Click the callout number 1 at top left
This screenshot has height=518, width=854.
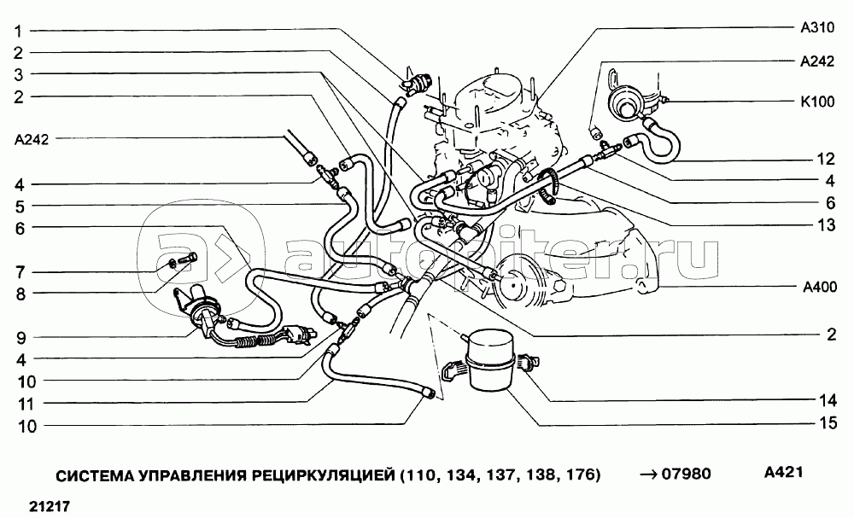[x=16, y=31]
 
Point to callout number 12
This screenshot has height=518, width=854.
[x=824, y=160]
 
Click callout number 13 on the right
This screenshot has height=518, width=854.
[x=824, y=225]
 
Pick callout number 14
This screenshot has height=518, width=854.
[x=824, y=399]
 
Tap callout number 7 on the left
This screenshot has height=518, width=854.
[x=16, y=272]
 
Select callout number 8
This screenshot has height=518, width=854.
[x=16, y=294]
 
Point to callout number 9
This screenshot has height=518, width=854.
[x=16, y=337]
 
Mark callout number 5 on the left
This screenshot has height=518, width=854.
[x=16, y=206]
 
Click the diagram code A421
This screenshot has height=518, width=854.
[x=785, y=472]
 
